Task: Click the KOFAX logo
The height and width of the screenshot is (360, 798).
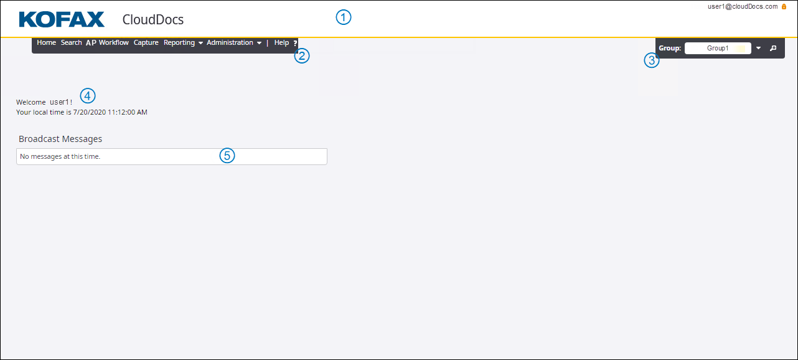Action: click(62, 19)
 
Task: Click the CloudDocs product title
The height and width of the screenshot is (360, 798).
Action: click(153, 19)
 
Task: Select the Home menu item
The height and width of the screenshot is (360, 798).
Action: click(46, 42)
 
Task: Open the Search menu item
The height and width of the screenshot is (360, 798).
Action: click(71, 42)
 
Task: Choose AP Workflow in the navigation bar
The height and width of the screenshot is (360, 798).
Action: click(107, 43)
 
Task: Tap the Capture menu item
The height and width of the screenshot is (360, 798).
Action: click(146, 43)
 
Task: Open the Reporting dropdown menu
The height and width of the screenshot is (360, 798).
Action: click(183, 43)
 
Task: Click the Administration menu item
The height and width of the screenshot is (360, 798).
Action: click(234, 43)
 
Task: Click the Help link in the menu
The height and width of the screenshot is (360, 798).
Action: click(281, 42)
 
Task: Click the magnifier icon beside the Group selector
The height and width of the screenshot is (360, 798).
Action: click(773, 48)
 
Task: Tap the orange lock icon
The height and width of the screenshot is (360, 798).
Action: click(784, 6)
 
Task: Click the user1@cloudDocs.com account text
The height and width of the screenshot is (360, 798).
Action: click(743, 6)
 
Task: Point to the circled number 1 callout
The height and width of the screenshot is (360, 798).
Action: click(344, 17)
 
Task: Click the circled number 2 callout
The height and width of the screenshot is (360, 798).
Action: click(302, 56)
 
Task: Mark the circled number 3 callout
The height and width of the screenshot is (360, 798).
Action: click(652, 60)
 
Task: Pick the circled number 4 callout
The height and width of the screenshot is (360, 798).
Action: click(88, 95)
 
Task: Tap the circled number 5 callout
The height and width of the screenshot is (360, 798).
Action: click(227, 156)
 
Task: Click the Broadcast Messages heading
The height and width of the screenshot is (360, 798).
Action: click(60, 139)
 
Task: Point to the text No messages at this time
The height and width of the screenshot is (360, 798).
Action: click(60, 156)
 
